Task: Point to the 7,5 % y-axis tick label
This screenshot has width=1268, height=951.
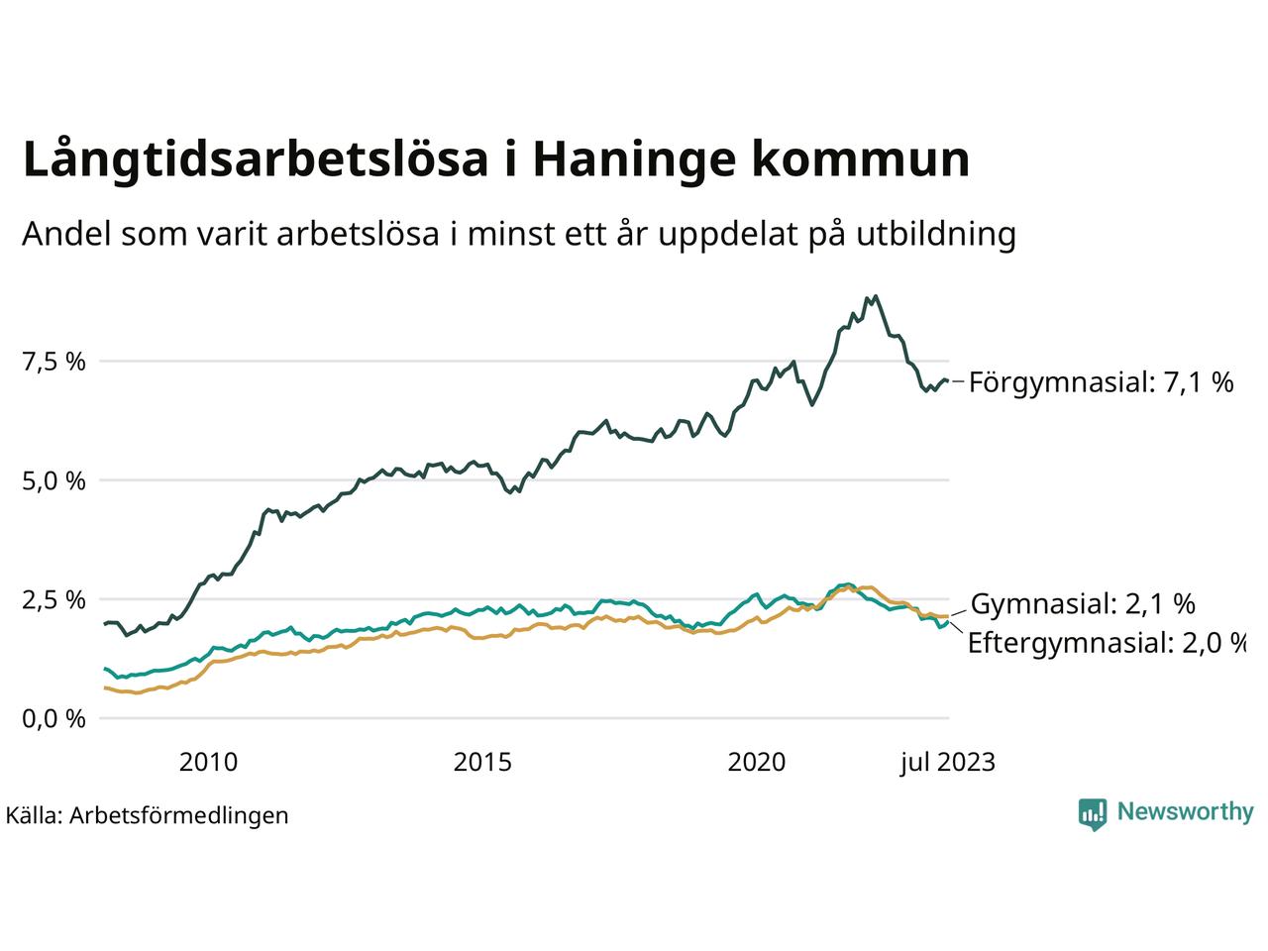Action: (54, 362)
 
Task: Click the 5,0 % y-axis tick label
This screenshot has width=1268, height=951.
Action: (54, 480)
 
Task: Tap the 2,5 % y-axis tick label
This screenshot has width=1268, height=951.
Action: (54, 599)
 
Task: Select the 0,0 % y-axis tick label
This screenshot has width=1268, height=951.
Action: (54, 718)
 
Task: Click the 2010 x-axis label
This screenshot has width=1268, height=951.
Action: (208, 762)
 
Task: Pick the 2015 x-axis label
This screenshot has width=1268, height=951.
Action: (482, 762)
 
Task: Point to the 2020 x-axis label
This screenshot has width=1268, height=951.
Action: (757, 762)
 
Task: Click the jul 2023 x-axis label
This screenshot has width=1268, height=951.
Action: (947, 762)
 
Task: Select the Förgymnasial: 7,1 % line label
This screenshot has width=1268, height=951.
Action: (1101, 382)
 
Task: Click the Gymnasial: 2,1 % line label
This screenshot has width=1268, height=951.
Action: (1083, 603)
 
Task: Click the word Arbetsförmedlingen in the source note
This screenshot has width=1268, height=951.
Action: (179, 815)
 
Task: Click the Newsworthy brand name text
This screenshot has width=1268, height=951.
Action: (1185, 812)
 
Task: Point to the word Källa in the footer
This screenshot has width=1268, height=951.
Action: (33, 815)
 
